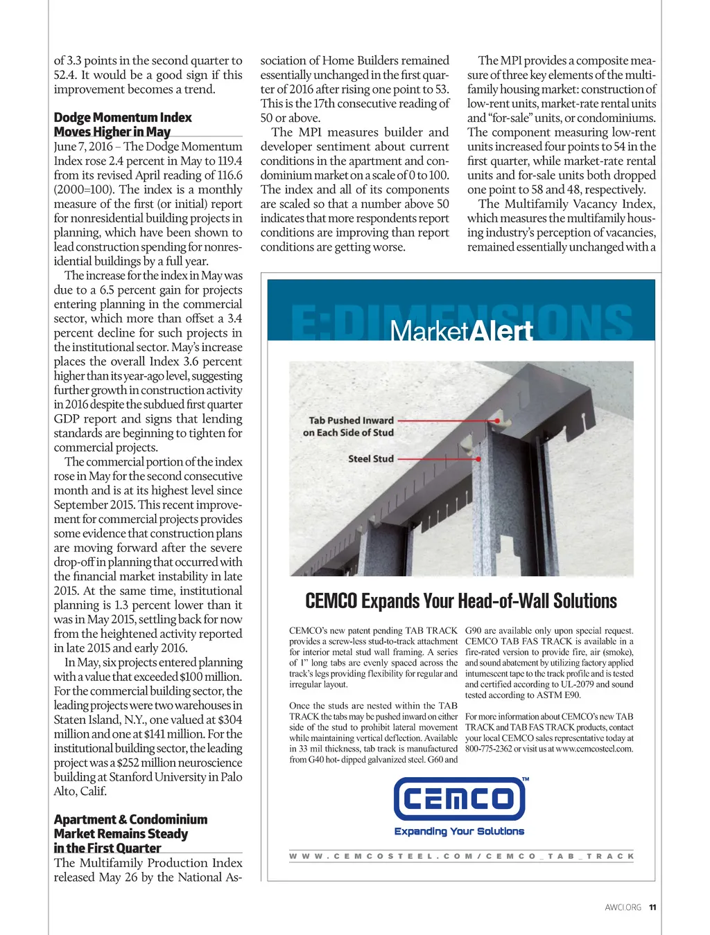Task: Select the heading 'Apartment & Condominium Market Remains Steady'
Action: [130, 833]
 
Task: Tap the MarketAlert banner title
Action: [461, 331]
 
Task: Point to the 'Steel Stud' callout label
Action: [371, 458]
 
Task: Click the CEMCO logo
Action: [459, 799]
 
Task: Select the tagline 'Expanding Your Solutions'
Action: [459, 831]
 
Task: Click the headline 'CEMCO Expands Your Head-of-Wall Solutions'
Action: [461, 600]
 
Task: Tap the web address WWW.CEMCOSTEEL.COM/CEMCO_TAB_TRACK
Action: [461, 856]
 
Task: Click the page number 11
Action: [652, 907]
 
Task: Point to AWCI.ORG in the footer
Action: [623, 907]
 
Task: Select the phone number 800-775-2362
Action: [488, 749]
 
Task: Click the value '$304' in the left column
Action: [230, 720]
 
